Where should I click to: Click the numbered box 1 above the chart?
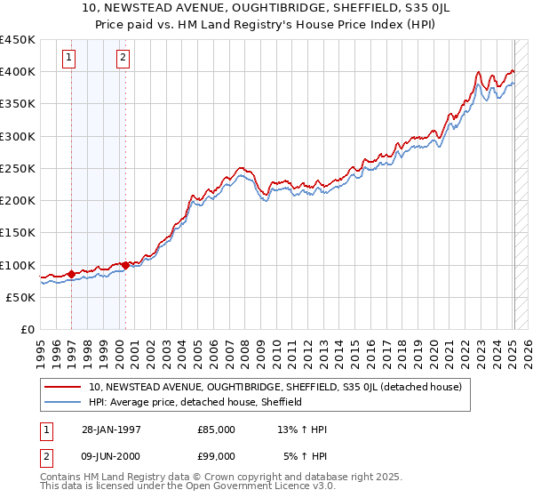[69, 59]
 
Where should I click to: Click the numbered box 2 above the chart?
[123, 59]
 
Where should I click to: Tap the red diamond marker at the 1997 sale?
[71, 275]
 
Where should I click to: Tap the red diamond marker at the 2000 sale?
[125, 265]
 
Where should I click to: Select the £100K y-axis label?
[18, 265]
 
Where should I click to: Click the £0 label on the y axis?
[27, 330]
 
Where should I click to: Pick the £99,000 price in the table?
[217, 458]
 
